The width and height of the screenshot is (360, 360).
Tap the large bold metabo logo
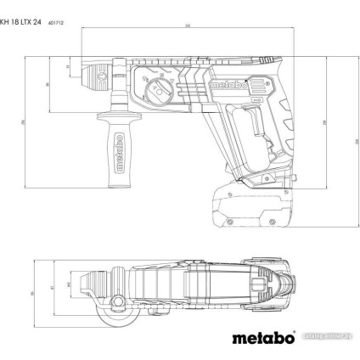264,339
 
